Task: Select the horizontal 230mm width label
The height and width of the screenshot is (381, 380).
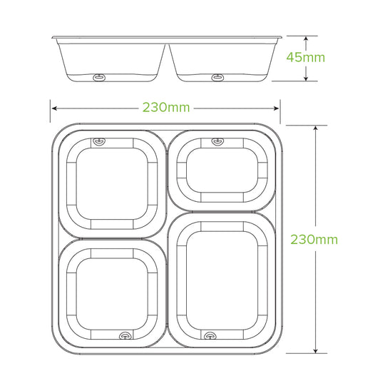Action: (165, 108)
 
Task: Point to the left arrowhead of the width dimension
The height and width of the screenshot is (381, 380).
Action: (53, 108)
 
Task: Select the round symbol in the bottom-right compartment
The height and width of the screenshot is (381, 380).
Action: (209, 335)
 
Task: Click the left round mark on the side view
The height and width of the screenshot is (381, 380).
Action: (99, 75)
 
